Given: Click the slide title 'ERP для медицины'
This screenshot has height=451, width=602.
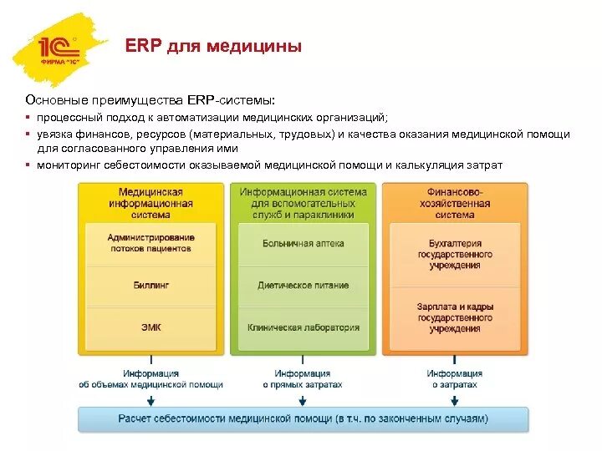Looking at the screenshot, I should point(213,47).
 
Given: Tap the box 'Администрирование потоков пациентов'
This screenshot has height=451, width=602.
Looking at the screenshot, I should point(150,243).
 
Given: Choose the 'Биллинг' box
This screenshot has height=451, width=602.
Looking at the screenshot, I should point(150,286).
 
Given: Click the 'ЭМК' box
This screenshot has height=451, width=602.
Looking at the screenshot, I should point(150,327).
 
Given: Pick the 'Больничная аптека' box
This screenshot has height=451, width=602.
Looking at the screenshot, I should point(303,243).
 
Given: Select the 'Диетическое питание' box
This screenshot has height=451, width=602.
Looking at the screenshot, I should point(303,286).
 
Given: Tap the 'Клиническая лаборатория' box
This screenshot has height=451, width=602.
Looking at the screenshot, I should point(303,327).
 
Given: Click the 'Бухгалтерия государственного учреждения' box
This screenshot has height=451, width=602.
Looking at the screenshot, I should point(455,255).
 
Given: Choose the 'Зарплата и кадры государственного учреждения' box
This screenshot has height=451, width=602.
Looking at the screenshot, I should point(455,317).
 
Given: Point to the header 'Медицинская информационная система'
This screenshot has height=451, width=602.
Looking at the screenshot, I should point(150,203).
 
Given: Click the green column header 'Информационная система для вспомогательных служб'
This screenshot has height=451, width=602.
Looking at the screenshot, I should point(303,203).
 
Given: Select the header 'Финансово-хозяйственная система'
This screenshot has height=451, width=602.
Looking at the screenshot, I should point(455,203).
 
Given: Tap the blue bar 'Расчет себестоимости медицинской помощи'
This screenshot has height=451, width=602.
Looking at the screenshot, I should point(303,419).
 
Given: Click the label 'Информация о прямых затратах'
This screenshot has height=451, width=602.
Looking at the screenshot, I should point(303,379).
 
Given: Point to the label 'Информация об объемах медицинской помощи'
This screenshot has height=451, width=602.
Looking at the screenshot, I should point(150,379).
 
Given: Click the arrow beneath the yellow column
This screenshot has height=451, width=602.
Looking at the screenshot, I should point(150,399).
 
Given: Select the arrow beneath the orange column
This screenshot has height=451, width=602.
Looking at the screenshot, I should point(455,399).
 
